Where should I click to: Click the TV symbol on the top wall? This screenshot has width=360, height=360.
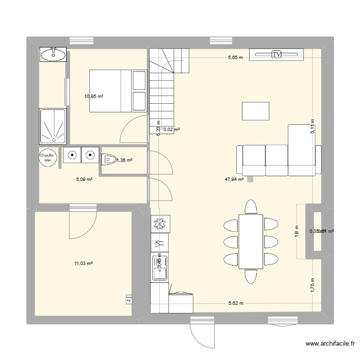pos(276,55)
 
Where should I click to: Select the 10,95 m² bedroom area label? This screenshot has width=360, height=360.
pos(94,96)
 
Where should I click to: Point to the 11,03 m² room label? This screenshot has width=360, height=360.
pos(83,263)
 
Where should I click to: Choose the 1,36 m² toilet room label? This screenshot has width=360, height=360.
pos(124,161)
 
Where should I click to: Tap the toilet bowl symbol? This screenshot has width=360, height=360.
pos(108,157)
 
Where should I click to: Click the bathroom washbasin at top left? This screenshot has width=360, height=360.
pos(53,55)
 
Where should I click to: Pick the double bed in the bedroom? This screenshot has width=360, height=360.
pos(118,91)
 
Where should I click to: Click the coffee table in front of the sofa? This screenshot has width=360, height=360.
pos(256,111)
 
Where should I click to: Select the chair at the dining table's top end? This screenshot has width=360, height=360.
pos(251,206)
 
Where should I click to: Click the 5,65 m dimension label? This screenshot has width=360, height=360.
pos(235,58)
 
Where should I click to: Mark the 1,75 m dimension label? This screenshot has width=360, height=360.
pos(312,287)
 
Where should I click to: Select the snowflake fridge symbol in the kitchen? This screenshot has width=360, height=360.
pos(158,224)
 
